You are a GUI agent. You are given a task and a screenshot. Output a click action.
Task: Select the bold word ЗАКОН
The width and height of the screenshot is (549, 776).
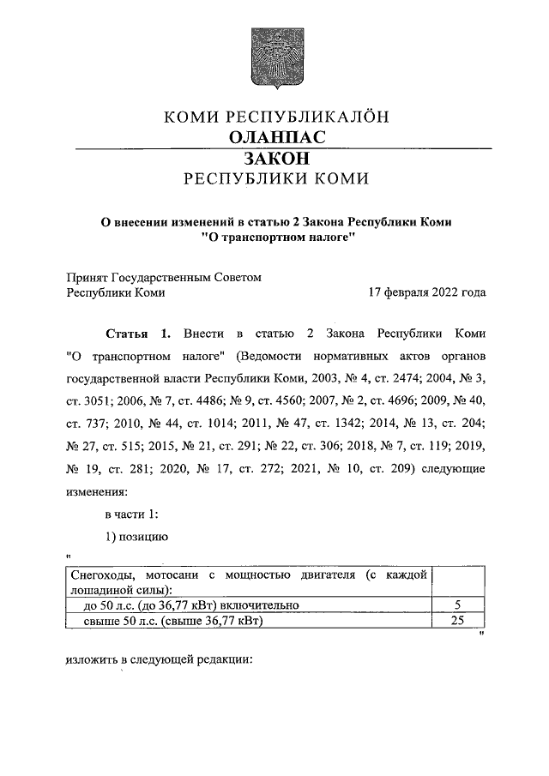pyautogui.click(x=275, y=159)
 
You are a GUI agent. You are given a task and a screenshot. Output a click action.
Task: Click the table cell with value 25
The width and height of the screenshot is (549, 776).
pyautogui.click(x=457, y=622)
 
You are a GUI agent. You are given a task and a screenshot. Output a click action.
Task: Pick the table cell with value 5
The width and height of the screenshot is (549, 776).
pyautogui.click(x=457, y=606)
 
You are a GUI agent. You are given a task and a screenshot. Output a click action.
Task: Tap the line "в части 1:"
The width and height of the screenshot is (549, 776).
pyautogui.click(x=131, y=514)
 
